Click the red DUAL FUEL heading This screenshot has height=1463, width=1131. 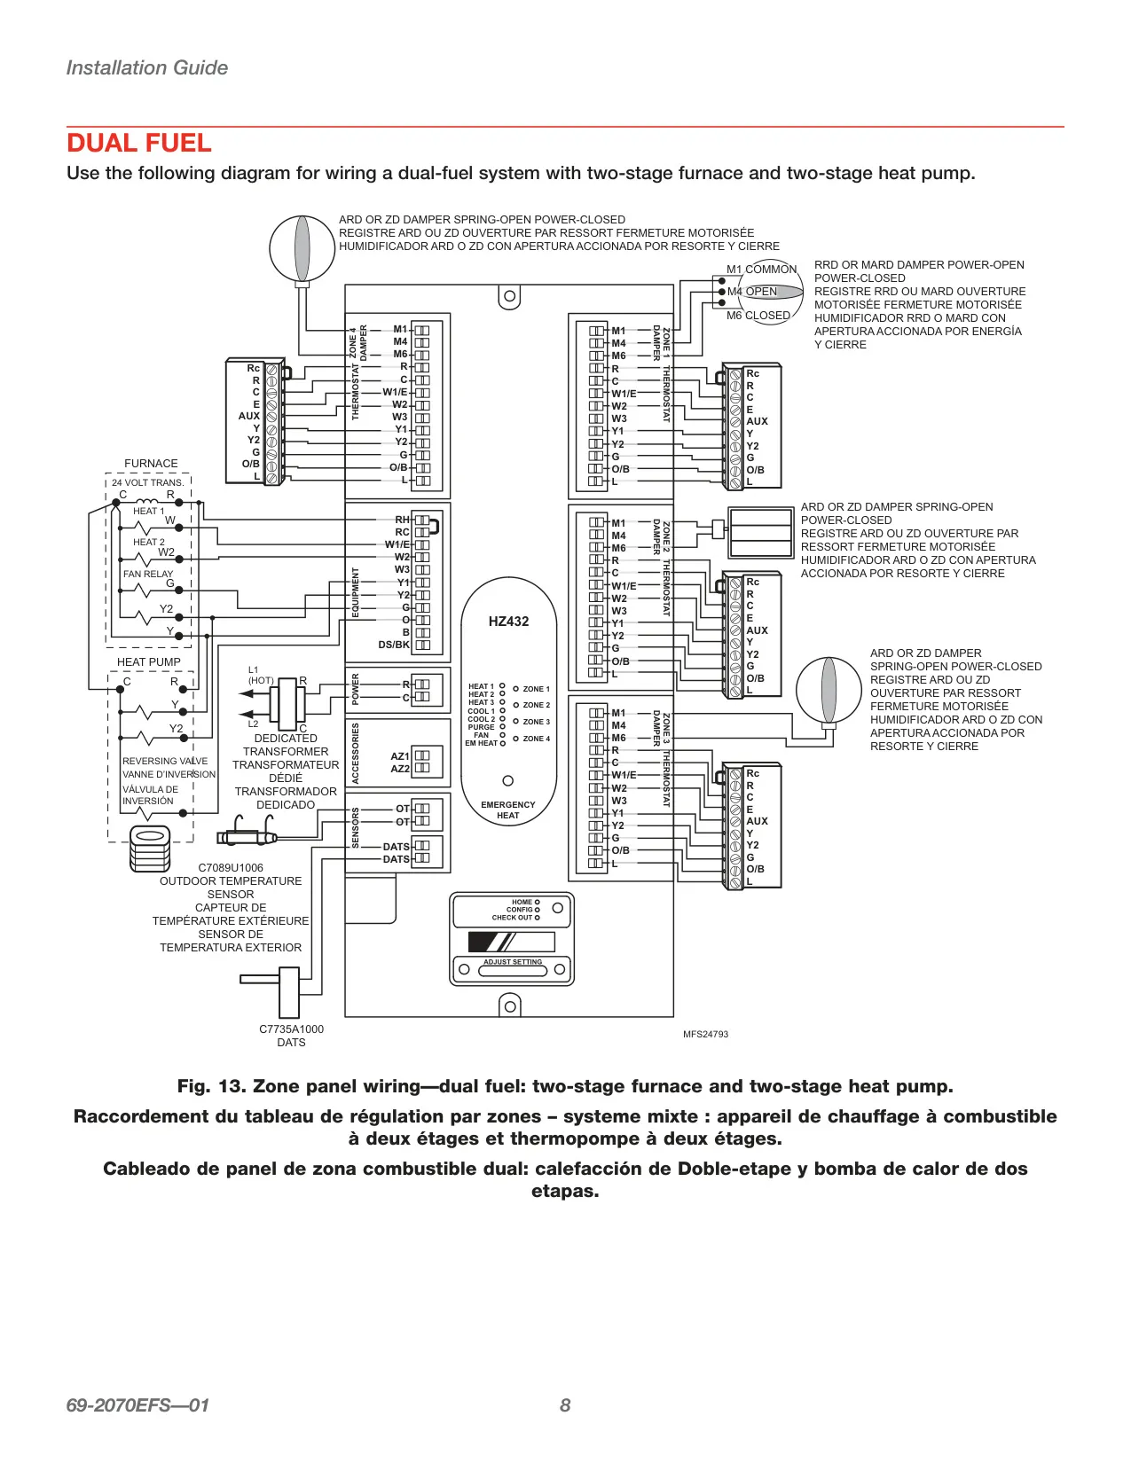[138, 143]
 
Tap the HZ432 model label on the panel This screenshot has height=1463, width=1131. [508, 622]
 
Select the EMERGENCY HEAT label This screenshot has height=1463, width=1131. [508, 810]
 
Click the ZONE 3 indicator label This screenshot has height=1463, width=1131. [536, 722]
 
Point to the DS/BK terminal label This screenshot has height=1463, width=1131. [394, 645]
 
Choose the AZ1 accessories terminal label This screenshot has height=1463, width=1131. [400, 756]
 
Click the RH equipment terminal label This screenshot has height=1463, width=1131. [402, 520]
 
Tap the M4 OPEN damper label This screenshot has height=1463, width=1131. [751, 292]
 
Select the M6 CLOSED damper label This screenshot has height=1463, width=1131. [758, 315]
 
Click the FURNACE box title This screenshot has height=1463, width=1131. [151, 463]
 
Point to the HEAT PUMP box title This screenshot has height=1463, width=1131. [149, 661]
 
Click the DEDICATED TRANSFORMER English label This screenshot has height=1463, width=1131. [286, 745]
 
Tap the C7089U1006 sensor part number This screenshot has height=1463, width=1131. [231, 868]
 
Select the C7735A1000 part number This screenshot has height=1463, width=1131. [291, 1029]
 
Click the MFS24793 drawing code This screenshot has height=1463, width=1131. [705, 1034]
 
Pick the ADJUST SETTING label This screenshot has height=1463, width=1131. [513, 962]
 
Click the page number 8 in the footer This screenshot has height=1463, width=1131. [565, 1405]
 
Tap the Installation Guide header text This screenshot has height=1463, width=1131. [147, 67]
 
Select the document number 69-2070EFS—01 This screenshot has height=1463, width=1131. [137, 1405]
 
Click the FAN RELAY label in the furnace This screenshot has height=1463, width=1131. [147, 574]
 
